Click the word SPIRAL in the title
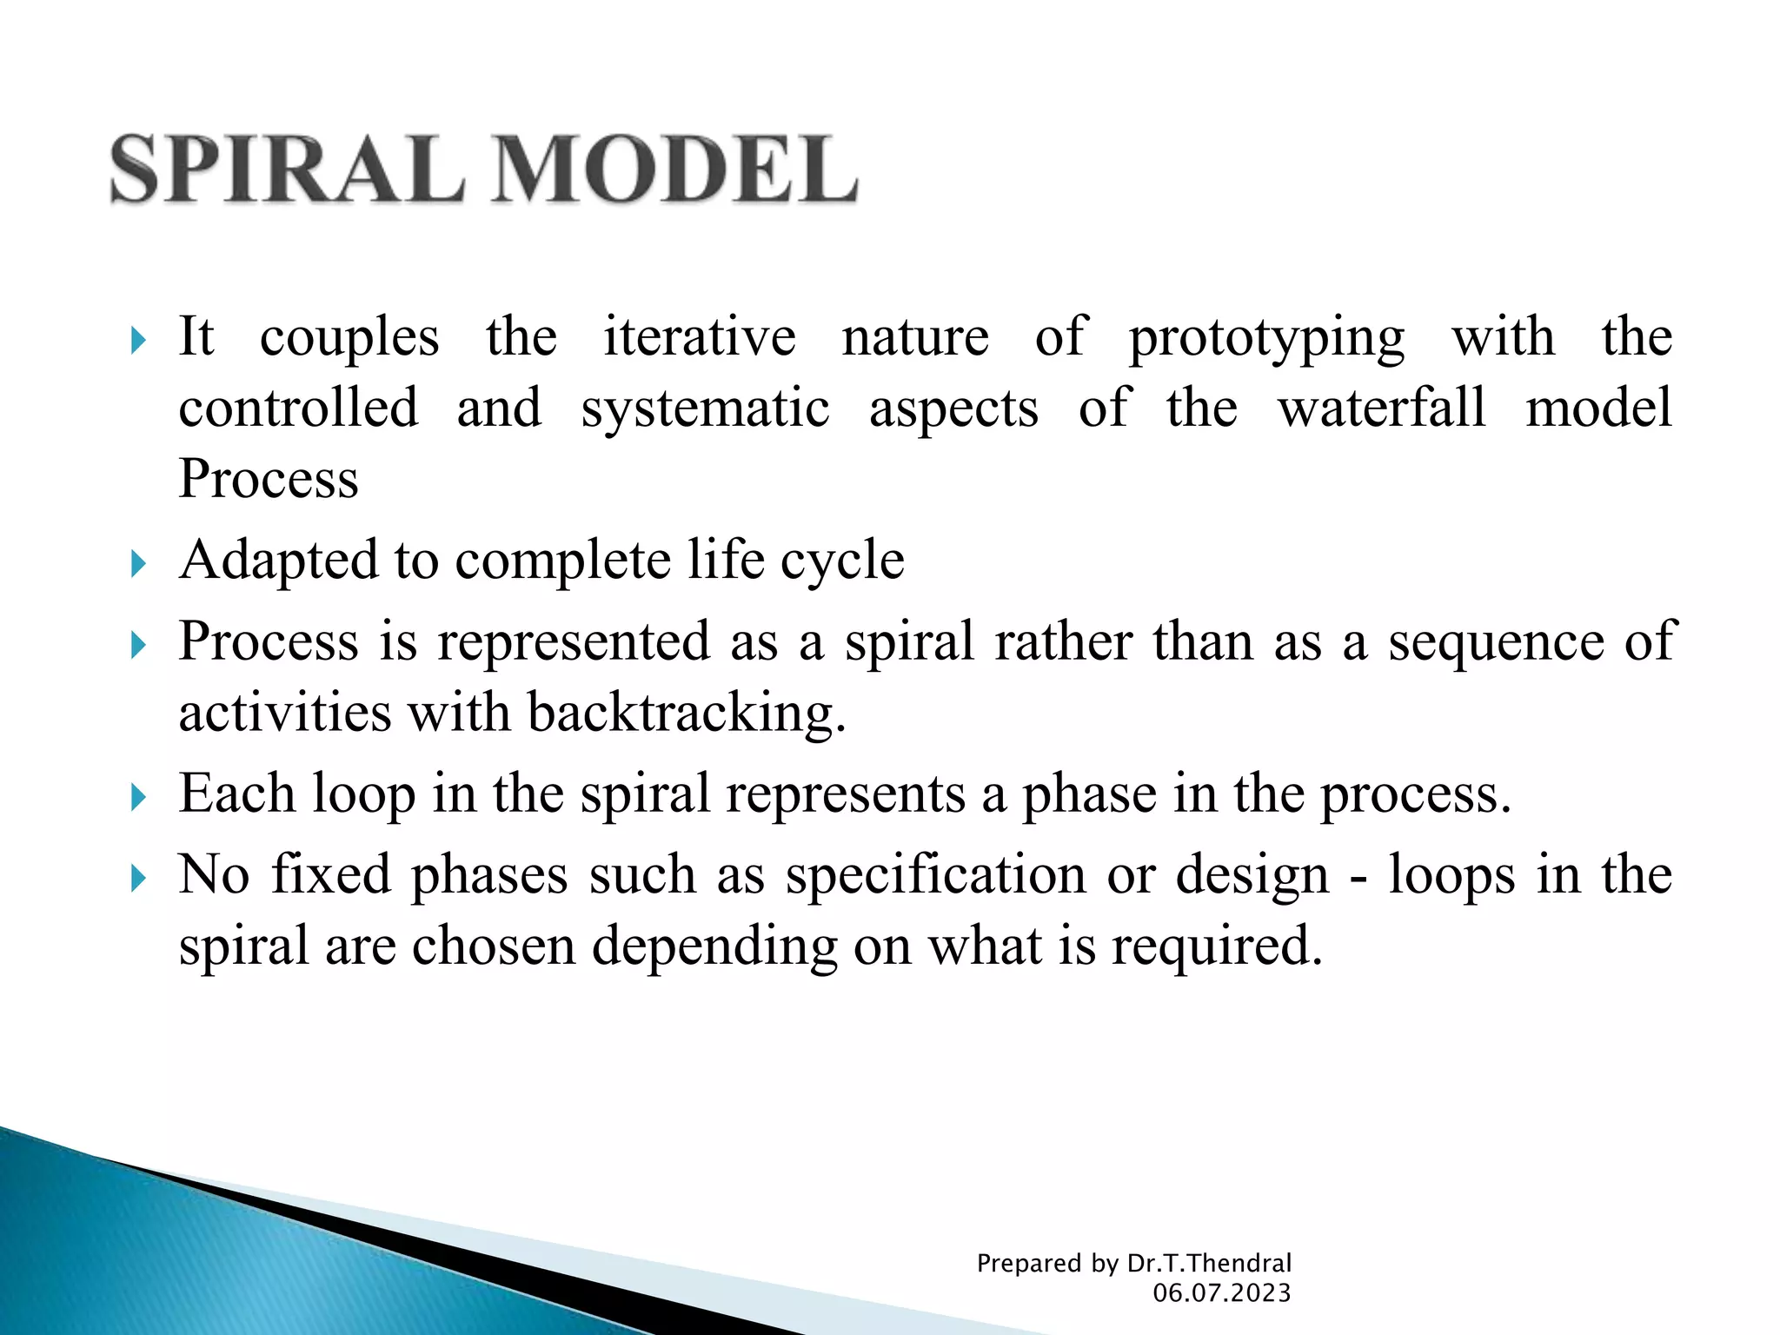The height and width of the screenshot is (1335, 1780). click(x=288, y=169)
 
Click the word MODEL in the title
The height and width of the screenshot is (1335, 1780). click(x=675, y=169)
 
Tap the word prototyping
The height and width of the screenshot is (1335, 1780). click(x=1266, y=339)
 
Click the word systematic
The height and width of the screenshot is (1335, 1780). click(x=705, y=410)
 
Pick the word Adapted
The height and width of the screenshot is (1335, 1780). click(x=279, y=561)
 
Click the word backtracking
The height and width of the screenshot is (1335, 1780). click(x=686, y=714)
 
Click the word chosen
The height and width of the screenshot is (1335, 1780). click(x=493, y=946)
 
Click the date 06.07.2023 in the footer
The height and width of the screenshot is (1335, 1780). click(x=1221, y=1293)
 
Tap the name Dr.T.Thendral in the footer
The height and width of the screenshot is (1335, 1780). click(x=1209, y=1263)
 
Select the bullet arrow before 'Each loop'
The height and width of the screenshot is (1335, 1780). click(x=138, y=797)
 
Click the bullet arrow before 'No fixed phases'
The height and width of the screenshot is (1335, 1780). click(x=138, y=879)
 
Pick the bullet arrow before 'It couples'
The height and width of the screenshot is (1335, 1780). click(x=138, y=340)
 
